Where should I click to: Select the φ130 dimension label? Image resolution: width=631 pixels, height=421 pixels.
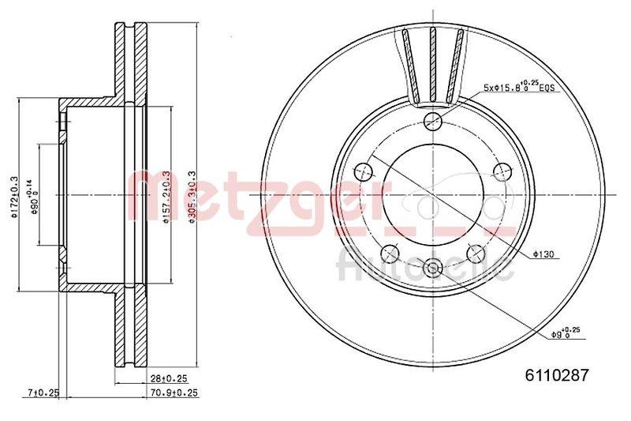[545, 254]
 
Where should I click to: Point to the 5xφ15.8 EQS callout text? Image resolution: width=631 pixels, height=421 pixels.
[521, 88]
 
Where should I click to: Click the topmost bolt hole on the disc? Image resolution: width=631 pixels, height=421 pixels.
[431, 122]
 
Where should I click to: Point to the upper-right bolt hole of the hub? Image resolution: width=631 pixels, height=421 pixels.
[500, 171]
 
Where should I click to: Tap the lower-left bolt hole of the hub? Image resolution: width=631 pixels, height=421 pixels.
[389, 253]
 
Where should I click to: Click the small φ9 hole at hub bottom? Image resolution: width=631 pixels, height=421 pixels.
[431, 268]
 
